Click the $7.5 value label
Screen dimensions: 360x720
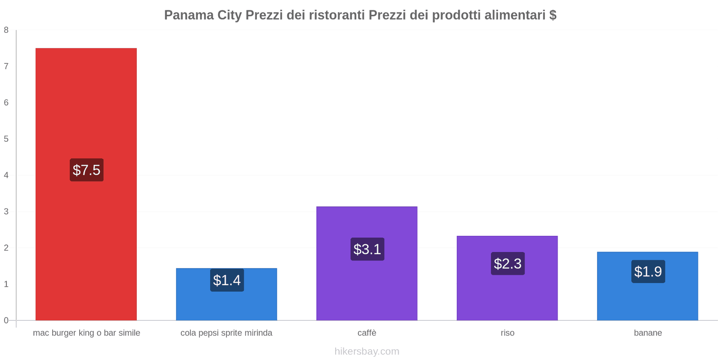pos(86,170)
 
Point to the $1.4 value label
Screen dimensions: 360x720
pos(227,280)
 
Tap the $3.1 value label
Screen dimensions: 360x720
pos(367,249)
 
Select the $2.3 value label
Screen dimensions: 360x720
pos(508,264)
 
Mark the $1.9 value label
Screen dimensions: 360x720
pos(648,272)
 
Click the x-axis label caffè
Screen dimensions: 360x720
pos(367,333)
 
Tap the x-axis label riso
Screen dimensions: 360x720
pos(507,333)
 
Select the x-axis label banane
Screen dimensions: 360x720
pos(648,333)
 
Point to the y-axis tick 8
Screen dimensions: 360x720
pos(6,30)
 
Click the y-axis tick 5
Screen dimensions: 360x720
pos(6,139)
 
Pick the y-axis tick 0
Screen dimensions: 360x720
pos(6,320)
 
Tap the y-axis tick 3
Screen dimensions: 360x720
pos(6,211)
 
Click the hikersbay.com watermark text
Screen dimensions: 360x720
pos(367,351)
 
